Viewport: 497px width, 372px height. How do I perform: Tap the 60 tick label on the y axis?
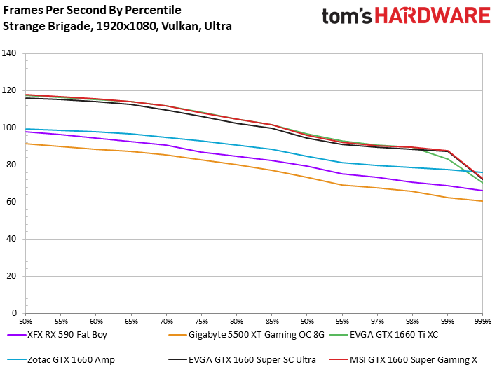11,202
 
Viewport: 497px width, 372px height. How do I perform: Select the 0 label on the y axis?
14,313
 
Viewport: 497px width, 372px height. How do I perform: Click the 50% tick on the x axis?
26,322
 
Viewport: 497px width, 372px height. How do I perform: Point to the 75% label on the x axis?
202,322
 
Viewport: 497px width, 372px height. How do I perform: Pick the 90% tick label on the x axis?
307,322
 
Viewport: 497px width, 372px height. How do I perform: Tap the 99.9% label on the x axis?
482,322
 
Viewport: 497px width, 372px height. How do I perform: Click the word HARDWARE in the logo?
433,15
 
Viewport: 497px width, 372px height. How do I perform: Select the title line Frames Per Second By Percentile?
92,10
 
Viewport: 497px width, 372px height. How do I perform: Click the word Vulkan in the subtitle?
180,26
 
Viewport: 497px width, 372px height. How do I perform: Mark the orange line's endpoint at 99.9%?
482,201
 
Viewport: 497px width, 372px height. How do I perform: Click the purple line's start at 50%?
26,132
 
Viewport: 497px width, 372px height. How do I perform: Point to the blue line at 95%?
342,163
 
